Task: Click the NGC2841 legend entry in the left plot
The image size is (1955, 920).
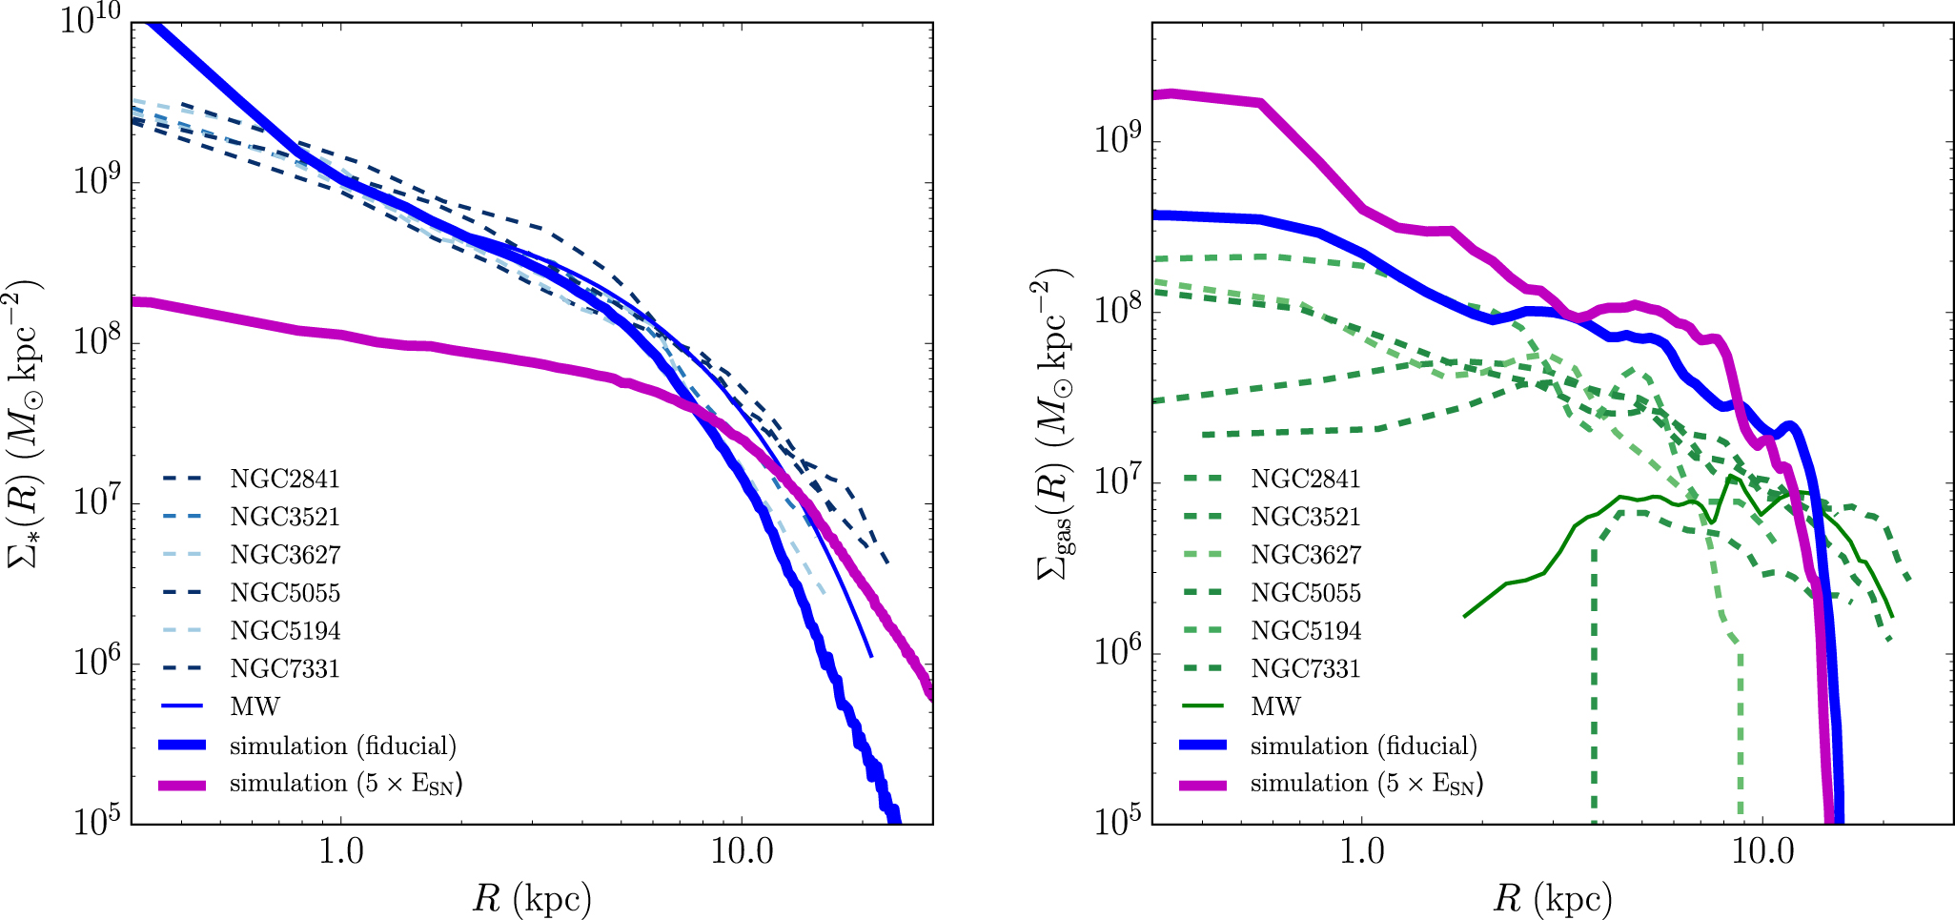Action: coord(284,479)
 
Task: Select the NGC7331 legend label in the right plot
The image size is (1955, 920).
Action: coord(1305,668)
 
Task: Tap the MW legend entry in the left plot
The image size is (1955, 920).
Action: coord(255,706)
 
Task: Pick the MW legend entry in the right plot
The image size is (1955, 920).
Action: coord(1275,706)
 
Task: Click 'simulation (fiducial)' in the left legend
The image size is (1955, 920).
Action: coord(342,746)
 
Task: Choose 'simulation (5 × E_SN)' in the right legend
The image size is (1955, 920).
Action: coord(1366,784)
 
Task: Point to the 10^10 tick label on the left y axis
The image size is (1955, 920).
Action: coord(92,21)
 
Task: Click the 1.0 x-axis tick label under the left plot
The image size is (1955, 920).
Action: coord(341,851)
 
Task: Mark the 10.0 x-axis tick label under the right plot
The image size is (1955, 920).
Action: coord(1762,851)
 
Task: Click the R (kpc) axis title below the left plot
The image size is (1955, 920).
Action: coord(532,898)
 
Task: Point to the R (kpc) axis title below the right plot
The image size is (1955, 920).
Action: coord(1553,898)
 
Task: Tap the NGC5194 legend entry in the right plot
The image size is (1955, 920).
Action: coord(1305,630)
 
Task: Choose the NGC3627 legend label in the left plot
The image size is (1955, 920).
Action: coord(284,555)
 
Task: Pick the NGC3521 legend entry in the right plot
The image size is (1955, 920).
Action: coord(1305,517)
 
